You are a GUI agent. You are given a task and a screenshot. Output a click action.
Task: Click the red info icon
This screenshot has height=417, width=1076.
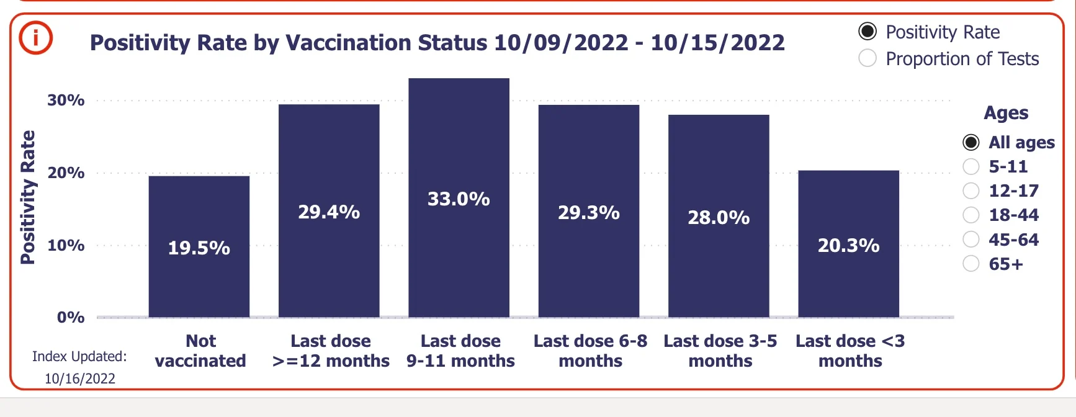tap(36, 38)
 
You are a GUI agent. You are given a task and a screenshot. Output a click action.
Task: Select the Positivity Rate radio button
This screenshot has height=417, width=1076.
tap(868, 31)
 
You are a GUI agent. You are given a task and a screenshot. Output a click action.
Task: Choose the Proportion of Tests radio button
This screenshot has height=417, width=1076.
tap(868, 58)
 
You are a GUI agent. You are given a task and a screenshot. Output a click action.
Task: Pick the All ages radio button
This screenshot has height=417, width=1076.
tap(971, 142)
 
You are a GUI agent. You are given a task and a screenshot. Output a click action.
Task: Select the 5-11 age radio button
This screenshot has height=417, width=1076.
tap(971, 166)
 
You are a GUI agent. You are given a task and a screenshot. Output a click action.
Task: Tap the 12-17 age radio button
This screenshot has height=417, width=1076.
tap(971, 191)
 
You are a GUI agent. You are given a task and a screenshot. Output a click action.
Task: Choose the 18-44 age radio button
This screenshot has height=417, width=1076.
tap(971, 215)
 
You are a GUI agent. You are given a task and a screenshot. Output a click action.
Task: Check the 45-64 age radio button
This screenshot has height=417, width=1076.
tap(971, 240)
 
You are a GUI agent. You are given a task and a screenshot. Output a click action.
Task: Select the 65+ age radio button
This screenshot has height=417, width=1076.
tap(971, 264)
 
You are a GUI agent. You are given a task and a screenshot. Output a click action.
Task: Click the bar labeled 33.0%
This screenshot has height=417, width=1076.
tap(459, 197)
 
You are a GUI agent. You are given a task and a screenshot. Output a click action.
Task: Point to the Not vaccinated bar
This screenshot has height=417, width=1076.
tap(199, 246)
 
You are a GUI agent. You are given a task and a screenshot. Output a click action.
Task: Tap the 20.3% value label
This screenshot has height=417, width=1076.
tap(848, 246)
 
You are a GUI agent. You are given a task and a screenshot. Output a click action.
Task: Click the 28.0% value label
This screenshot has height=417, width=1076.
tap(719, 218)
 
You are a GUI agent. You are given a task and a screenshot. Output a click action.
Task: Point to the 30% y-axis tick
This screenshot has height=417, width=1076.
tap(66, 100)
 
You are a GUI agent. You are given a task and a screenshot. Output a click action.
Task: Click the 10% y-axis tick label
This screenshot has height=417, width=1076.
tap(66, 245)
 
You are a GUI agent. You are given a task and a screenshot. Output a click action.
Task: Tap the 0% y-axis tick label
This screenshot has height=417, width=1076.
tap(71, 318)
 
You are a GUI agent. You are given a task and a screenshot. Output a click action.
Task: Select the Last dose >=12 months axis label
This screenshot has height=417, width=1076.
tap(331, 351)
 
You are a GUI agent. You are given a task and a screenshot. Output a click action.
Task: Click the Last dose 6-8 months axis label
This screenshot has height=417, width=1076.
tap(590, 351)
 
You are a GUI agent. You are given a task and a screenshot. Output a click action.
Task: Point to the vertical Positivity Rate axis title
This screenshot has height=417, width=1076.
tap(28, 197)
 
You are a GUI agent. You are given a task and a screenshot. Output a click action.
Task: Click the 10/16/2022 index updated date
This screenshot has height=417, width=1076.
tap(80, 379)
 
